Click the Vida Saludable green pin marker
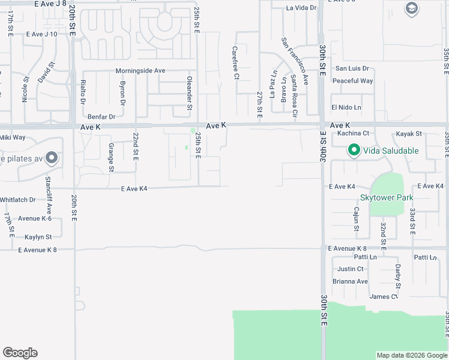pos(354,151)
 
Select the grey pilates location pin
pos(52,158)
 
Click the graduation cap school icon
pos(411,8)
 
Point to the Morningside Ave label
pos(140,71)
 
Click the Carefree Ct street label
pos(235,64)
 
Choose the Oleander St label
pos(189,92)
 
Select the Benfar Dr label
pos(101,116)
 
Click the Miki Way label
pos(13,137)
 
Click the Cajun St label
pos(356,219)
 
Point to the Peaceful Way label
pos(352,81)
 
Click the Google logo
pos(20,353)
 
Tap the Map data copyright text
pos(411,355)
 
